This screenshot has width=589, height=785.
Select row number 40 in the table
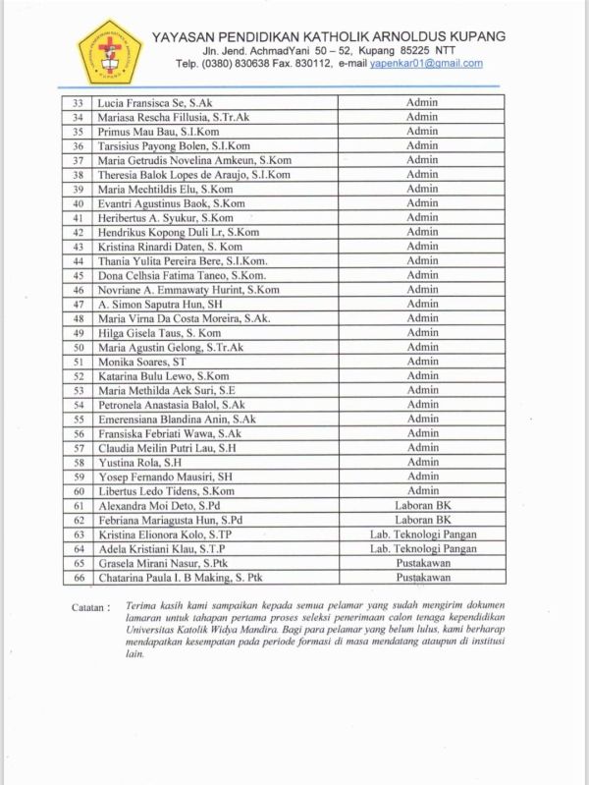78,203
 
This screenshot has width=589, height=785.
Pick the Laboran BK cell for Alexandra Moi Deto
422,506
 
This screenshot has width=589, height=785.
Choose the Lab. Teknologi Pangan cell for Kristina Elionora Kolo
422,534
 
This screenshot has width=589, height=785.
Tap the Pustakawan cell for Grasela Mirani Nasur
422,564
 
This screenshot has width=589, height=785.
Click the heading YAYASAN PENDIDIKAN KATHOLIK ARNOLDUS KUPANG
329,36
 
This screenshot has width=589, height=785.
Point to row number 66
78,578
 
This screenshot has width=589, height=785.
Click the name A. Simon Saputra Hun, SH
158,305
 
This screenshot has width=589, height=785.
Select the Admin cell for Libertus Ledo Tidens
422,491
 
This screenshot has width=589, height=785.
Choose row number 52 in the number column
78,376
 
